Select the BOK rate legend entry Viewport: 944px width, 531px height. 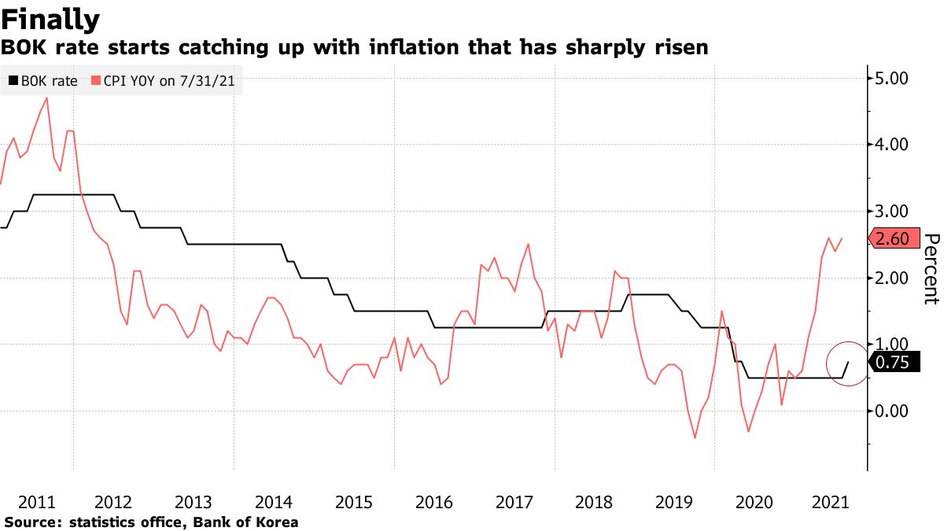[x=42, y=80]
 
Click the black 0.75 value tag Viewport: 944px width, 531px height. [x=892, y=362]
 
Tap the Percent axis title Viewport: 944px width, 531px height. [x=931, y=268]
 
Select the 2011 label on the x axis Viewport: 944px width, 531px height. [x=35, y=502]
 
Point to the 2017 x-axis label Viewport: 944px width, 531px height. [x=515, y=502]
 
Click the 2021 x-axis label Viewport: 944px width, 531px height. [x=834, y=502]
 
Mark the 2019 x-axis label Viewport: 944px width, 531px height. [x=675, y=502]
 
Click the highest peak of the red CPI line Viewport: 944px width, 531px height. [x=47, y=98]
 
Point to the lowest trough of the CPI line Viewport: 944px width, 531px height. [x=695, y=437]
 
